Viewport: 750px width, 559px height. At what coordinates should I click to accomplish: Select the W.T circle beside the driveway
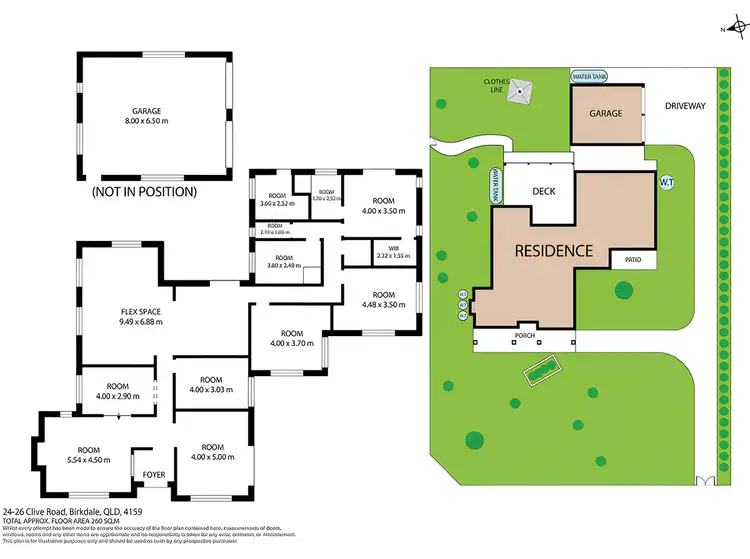pos(666,181)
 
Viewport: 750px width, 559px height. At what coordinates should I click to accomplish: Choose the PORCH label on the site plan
pos(525,336)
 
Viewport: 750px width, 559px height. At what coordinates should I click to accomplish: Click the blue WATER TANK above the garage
pos(590,76)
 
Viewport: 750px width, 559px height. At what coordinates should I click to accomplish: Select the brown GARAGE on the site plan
pos(606,114)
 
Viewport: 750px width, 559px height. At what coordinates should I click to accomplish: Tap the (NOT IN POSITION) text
pos(144,191)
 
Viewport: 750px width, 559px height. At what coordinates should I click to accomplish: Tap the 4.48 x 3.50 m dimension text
pos(384,305)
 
